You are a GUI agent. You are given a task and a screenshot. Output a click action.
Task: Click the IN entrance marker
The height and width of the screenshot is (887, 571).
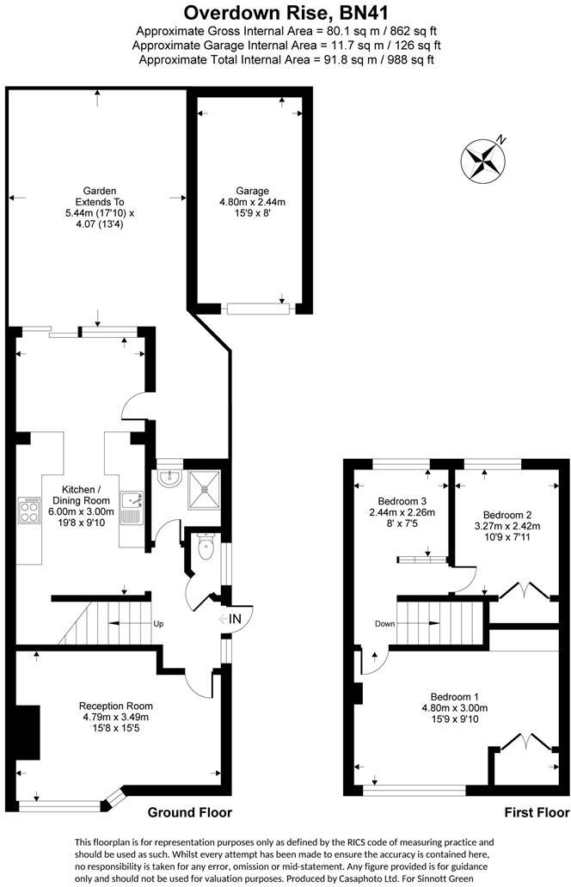[230, 618]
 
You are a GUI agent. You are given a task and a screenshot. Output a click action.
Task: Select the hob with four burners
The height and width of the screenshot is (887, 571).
[28, 511]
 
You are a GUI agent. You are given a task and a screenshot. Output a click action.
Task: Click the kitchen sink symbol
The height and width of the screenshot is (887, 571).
[132, 506]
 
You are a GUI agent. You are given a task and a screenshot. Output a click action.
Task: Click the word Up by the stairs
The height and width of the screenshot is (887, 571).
[158, 624]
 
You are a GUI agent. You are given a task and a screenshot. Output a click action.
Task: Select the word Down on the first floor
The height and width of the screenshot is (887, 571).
[384, 624]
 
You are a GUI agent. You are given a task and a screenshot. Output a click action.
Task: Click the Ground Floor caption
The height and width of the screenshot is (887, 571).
[190, 812]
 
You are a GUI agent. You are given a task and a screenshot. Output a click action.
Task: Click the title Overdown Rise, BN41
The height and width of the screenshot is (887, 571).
[285, 13]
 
